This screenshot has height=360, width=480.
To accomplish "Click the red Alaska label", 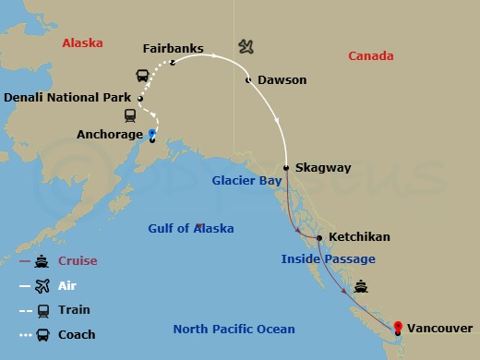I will point(82,43).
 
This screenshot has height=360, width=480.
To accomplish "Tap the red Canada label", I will point(371,56).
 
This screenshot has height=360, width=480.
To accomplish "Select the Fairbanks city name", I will point(174,47).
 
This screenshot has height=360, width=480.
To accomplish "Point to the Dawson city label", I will point(282,80).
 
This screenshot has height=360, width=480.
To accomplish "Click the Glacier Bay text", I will point(246,181).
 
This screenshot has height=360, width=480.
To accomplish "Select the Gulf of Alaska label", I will point(191,228).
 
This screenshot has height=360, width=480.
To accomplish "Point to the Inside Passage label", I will point(328,259).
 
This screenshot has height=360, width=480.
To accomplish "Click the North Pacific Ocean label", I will point(235,329).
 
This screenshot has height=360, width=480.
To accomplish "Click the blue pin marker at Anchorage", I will point(151,133).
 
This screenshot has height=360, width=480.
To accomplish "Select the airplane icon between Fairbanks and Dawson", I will point(246,46).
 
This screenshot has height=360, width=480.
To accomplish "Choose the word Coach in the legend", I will point(78,334).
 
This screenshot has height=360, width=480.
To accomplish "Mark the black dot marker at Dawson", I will point(247,80).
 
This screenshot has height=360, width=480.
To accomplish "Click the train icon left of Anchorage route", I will point(131,115).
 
